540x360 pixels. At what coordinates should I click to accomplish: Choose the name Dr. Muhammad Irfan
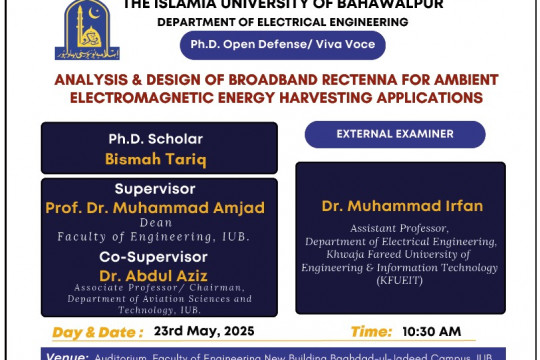tap(402, 206)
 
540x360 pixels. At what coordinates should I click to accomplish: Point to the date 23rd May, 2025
tap(204, 331)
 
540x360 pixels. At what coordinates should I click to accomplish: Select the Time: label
tap(372, 331)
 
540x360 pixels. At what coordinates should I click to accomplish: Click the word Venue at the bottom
tap(66, 354)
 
